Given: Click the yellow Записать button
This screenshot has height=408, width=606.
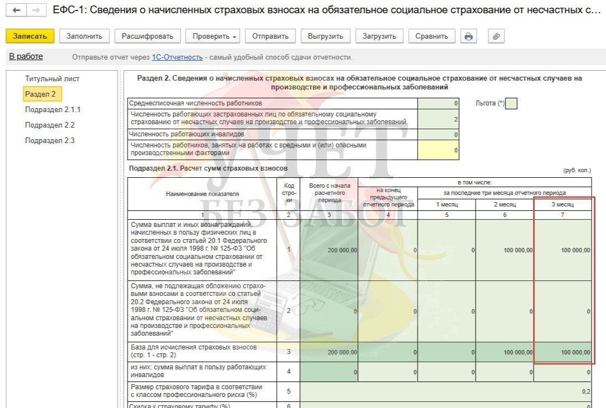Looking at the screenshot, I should [30, 36].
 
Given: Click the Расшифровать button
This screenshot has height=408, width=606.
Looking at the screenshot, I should [147, 36].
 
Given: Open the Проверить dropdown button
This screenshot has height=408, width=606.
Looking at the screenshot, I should [215, 36].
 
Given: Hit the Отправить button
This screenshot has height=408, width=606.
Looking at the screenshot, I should [270, 36].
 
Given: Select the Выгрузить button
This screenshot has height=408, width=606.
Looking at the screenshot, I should [325, 36].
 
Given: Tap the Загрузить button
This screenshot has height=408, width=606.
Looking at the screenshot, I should [379, 36].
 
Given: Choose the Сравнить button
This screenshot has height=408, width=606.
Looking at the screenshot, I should [432, 36].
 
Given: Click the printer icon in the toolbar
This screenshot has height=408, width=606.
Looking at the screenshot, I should [468, 36].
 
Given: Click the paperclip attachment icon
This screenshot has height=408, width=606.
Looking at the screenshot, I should [496, 36].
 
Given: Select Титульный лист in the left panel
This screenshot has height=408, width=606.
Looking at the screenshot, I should [48, 79].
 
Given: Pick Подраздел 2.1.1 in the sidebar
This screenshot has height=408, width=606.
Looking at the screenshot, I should [52, 110].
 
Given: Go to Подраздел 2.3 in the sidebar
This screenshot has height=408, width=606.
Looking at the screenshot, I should [50, 141].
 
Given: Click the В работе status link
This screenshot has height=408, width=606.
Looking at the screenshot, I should [26, 57].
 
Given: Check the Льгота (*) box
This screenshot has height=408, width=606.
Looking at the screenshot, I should [511, 104].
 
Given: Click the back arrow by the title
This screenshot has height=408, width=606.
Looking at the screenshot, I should [16, 10].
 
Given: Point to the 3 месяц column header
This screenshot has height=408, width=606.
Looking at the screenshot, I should [562, 204].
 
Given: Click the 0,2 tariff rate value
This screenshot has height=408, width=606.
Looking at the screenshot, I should [586, 391].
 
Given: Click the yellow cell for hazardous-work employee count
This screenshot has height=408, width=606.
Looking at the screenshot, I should [438, 150].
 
